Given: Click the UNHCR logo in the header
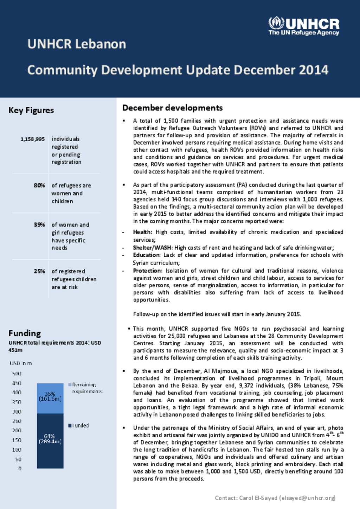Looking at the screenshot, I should coord(304,26).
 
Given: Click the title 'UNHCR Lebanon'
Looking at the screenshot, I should coord(77,44).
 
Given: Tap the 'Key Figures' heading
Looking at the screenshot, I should coord(31,110).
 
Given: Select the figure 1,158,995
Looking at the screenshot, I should coord(33,139).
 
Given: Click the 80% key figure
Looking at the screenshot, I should coord(39,185).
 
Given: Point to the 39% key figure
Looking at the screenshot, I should coord(39,224).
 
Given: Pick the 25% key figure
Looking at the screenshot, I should coord(39,271).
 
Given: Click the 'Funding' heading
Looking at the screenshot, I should coord(25,333).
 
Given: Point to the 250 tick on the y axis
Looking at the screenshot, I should coord(17,421).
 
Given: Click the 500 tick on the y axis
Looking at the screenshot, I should coord(17,373).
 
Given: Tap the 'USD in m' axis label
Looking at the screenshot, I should coord(20,363).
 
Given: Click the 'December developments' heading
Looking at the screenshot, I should coord(172,108).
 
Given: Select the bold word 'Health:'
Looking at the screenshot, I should coord(142,232).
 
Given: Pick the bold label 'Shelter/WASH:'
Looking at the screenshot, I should coord(153,248).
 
